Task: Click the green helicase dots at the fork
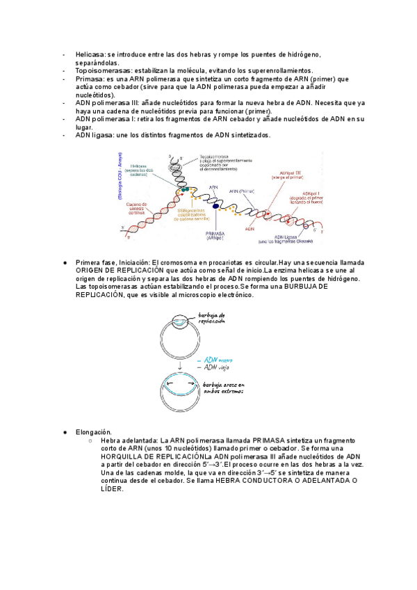tap(183, 189)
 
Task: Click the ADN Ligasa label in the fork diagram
tap(280, 237)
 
